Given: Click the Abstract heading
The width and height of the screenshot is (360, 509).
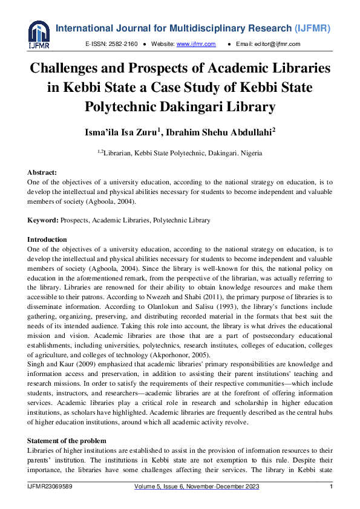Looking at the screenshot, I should (x=42, y=172).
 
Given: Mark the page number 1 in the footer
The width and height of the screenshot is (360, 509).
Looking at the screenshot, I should (x=331, y=487).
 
